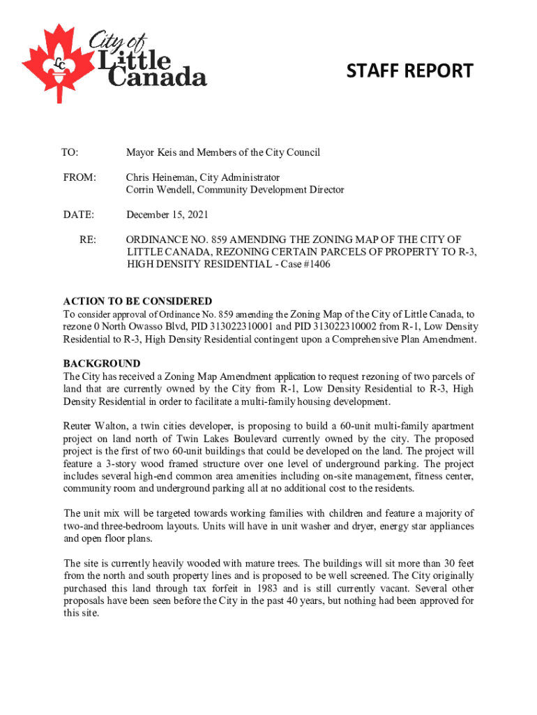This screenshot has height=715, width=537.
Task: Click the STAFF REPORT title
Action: [x=410, y=71]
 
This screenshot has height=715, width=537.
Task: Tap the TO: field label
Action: [x=70, y=152]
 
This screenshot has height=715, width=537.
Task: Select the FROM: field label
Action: [x=79, y=177]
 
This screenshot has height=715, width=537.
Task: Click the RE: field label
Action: [x=88, y=239]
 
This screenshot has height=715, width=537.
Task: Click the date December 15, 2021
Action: [x=167, y=214]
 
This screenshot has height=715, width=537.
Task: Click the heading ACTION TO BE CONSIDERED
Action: [x=138, y=302]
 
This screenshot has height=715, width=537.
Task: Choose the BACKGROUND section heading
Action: [x=102, y=364]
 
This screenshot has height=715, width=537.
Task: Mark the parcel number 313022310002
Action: [x=345, y=327]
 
